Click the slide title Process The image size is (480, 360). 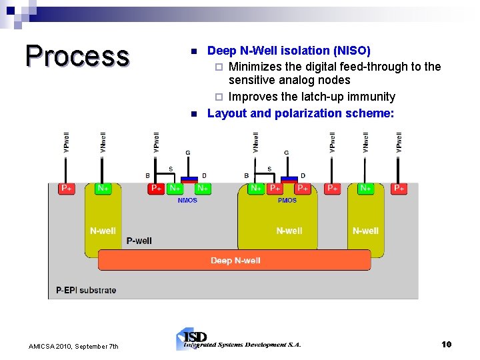[x=77, y=57]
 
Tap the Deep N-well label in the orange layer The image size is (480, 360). [x=235, y=261]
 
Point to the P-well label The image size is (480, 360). [x=139, y=241]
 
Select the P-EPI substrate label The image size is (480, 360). [x=86, y=290]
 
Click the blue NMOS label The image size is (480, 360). [x=187, y=201]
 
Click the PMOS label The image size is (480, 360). [x=287, y=201]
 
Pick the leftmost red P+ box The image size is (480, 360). [x=67, y=189]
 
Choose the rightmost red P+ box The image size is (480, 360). [x=399, y=189]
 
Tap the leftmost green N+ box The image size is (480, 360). [x=103, y=189]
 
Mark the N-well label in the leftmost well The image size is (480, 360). [x=103, y=231]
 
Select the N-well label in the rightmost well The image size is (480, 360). [x=365, y=231]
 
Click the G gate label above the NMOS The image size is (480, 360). [x=188, y=153]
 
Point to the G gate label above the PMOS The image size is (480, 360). [x=287, y=153]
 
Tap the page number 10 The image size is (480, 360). [x=447, y=344]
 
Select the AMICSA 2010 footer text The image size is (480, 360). [x=73, y=346]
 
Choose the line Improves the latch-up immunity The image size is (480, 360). [x=311, y=97]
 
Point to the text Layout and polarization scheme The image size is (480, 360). [x=301, y=113]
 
